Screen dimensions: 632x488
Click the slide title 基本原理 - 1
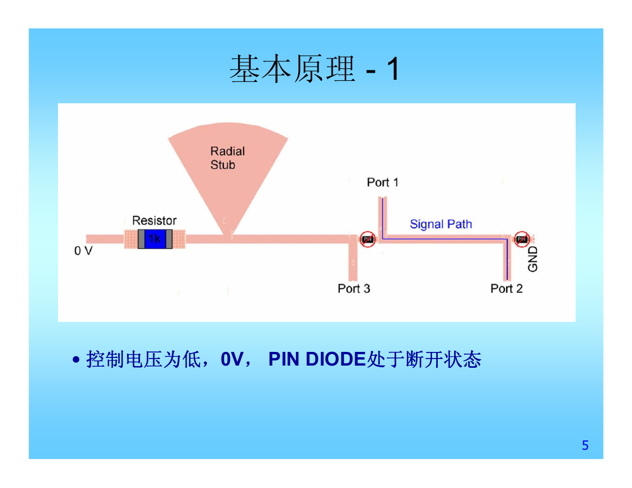[315, 69]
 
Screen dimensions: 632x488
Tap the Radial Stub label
[227, 158]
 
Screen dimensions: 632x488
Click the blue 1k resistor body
[155, 239]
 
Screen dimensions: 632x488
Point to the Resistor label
[154, 221]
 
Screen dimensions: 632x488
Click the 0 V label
[83, 251]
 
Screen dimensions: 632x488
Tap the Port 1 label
[382, 183]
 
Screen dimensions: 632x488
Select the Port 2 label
[506, 289]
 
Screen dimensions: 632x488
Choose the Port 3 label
[354, 289]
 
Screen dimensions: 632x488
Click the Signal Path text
[441, 224]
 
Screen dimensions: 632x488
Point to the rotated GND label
[532, 259]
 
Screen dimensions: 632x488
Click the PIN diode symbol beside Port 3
[367, 239]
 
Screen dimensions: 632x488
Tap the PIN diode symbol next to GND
[521, 239]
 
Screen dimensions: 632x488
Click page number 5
[585, 445]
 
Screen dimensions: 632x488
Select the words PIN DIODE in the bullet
[317, 359]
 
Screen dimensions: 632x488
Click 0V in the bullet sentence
[231, 359]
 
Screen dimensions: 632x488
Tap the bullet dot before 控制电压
[76, 359]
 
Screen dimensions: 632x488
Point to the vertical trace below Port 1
[382, 217]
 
